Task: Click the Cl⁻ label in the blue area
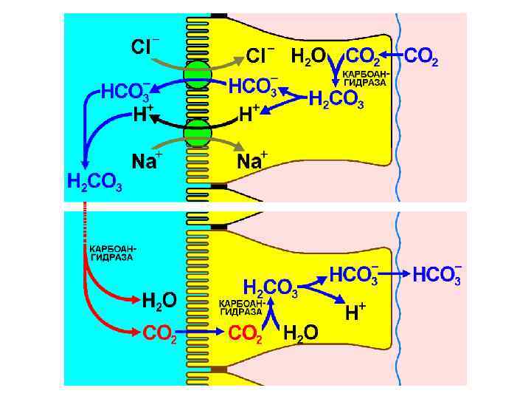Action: click(145, 47)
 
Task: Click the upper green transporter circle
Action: click(198, 75)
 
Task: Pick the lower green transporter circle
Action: click(198, 135)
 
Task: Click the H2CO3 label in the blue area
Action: click(94, 182)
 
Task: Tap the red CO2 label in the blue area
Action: click(159, 334)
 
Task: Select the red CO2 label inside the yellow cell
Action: click(246, 334)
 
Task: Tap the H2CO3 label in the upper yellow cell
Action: click(336, 99)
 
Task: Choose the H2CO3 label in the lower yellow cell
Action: click(270, 287)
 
